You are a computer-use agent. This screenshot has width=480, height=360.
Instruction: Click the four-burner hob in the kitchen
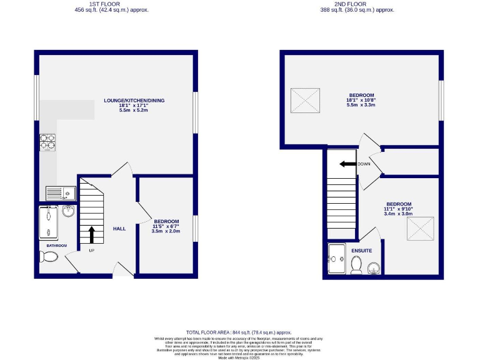48,143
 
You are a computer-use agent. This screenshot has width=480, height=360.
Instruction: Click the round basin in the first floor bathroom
68,212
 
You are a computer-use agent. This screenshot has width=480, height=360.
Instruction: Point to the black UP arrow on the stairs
92,234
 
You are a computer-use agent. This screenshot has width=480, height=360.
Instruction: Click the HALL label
119,229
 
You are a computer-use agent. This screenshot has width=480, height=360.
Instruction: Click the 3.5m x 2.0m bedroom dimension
166,231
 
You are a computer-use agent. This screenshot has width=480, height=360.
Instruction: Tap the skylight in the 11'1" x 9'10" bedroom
420,228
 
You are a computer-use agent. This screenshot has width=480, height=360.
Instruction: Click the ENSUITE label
361,251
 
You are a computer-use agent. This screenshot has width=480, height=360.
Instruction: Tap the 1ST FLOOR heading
112,4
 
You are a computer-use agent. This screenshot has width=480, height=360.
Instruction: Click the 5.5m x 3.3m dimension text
361,105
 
